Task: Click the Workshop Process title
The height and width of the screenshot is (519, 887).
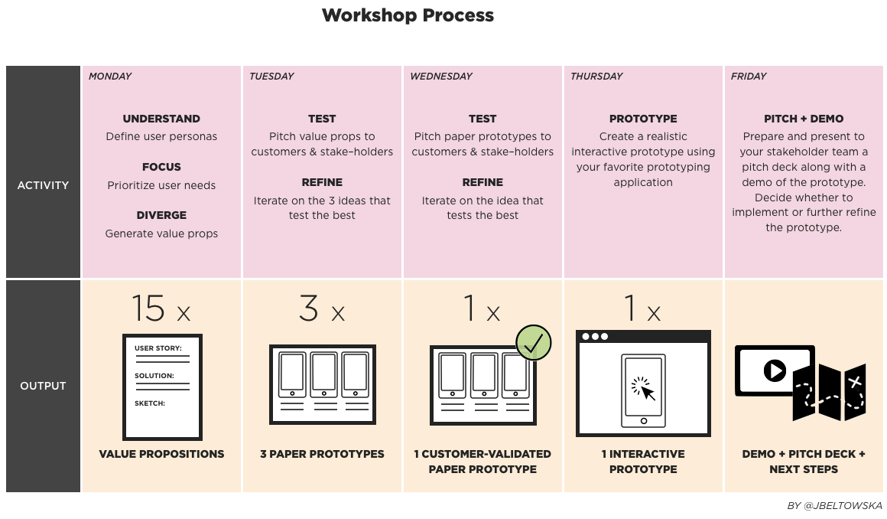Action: click(x=408, y=15)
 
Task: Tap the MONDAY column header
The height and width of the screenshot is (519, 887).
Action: click(x=110, y=77)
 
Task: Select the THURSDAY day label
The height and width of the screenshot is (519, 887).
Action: click(x=596, y=77)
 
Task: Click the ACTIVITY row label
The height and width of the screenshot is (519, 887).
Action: click(x=43, y=185)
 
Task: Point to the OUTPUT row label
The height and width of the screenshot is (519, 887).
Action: click(x=43, y=386)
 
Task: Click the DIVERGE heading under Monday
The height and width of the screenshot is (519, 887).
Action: click(x=161, y=216)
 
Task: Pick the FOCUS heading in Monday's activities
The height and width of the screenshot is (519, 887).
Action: click(x=161, y=167)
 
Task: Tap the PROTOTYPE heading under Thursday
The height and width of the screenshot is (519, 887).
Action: click(x=643, y=119)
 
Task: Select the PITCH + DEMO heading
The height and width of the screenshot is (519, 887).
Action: click(x=804, y=119)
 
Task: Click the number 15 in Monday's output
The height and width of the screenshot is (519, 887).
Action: click(x=148, y=308)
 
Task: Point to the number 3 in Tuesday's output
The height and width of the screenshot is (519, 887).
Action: click(x=308, y=308)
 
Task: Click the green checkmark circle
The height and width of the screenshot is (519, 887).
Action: click(x=534, y=342)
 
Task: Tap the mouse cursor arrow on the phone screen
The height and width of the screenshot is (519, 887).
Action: click(x=647, y=393)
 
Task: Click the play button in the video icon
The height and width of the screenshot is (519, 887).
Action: click(x=774, y=371)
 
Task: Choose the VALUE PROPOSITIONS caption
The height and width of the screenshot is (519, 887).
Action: click(x=161, y=454)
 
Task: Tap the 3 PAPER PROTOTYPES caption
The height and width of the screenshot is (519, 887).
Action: click(x=322, y=454)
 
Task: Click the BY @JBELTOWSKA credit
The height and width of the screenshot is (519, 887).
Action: click(x=834, y=506)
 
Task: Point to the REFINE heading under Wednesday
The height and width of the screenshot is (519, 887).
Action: click(x=482, y=183)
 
